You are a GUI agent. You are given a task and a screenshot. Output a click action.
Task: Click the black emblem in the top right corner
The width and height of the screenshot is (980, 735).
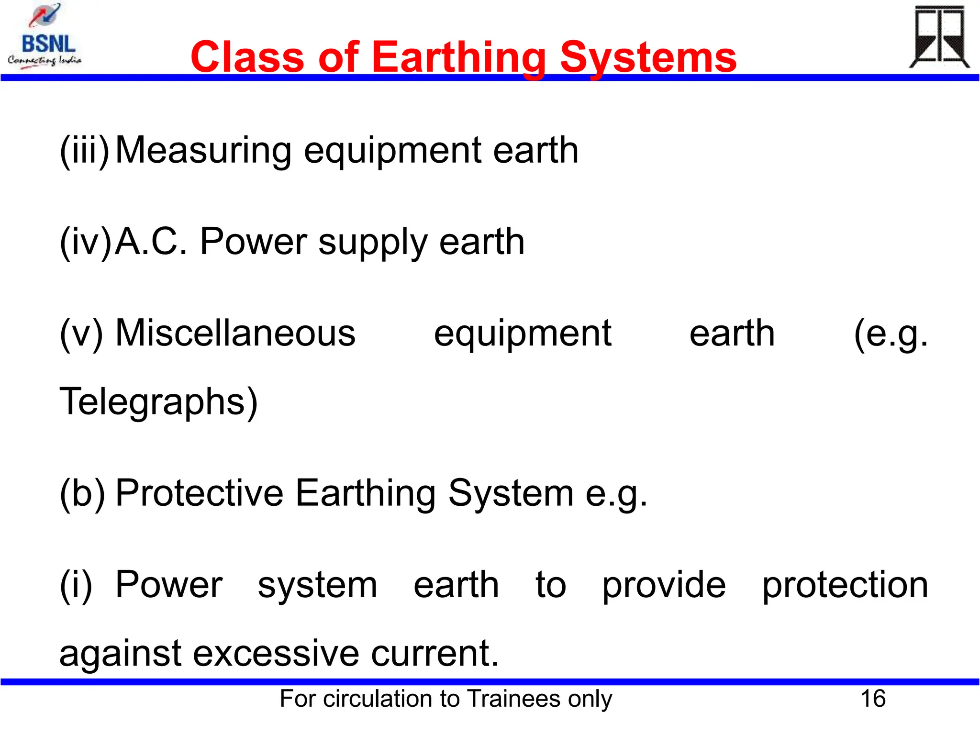click(x=939, y=37)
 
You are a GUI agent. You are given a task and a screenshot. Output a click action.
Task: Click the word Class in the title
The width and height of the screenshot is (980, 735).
click(x=247, y=57)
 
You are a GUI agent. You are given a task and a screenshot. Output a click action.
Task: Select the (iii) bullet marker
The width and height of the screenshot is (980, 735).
click(x=85, y=151)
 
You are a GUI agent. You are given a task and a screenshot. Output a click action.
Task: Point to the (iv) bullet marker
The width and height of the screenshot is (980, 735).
click(x=85, y=242)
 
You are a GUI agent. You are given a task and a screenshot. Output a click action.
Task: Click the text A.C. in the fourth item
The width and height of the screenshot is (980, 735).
click(x=151, y=242)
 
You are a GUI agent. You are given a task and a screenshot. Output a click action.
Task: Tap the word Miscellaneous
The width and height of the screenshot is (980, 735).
click(x=235, y=333)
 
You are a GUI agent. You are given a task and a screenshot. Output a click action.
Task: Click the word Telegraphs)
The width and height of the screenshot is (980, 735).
click(x=158, y=402)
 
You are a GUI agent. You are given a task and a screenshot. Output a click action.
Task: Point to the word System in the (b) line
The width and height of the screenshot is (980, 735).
click(x=511, y=493)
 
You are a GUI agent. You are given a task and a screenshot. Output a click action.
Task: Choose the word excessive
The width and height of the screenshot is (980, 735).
click(x=276, y=654)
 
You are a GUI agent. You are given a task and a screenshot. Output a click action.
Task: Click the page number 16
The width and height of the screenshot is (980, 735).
click(x=873, y=699)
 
